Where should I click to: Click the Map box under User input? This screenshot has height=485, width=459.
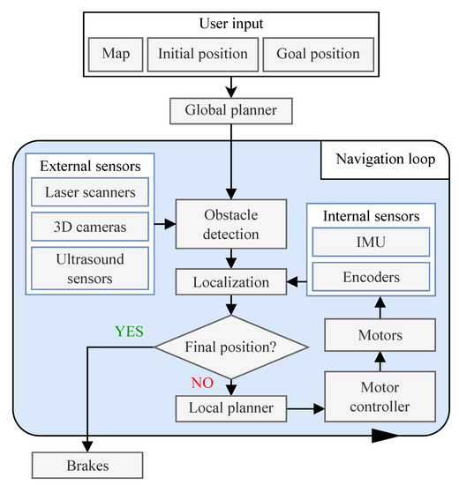click(x=116, y=54)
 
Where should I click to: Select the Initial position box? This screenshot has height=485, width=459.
click(x=202, y=54)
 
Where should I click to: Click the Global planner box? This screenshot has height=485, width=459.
click(x=230, y=110)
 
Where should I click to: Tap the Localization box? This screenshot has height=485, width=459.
click(x=230, y=282)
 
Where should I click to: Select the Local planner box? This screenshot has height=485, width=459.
click(x=230, y=409)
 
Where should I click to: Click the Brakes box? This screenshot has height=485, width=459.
click(x=87, y=464)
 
